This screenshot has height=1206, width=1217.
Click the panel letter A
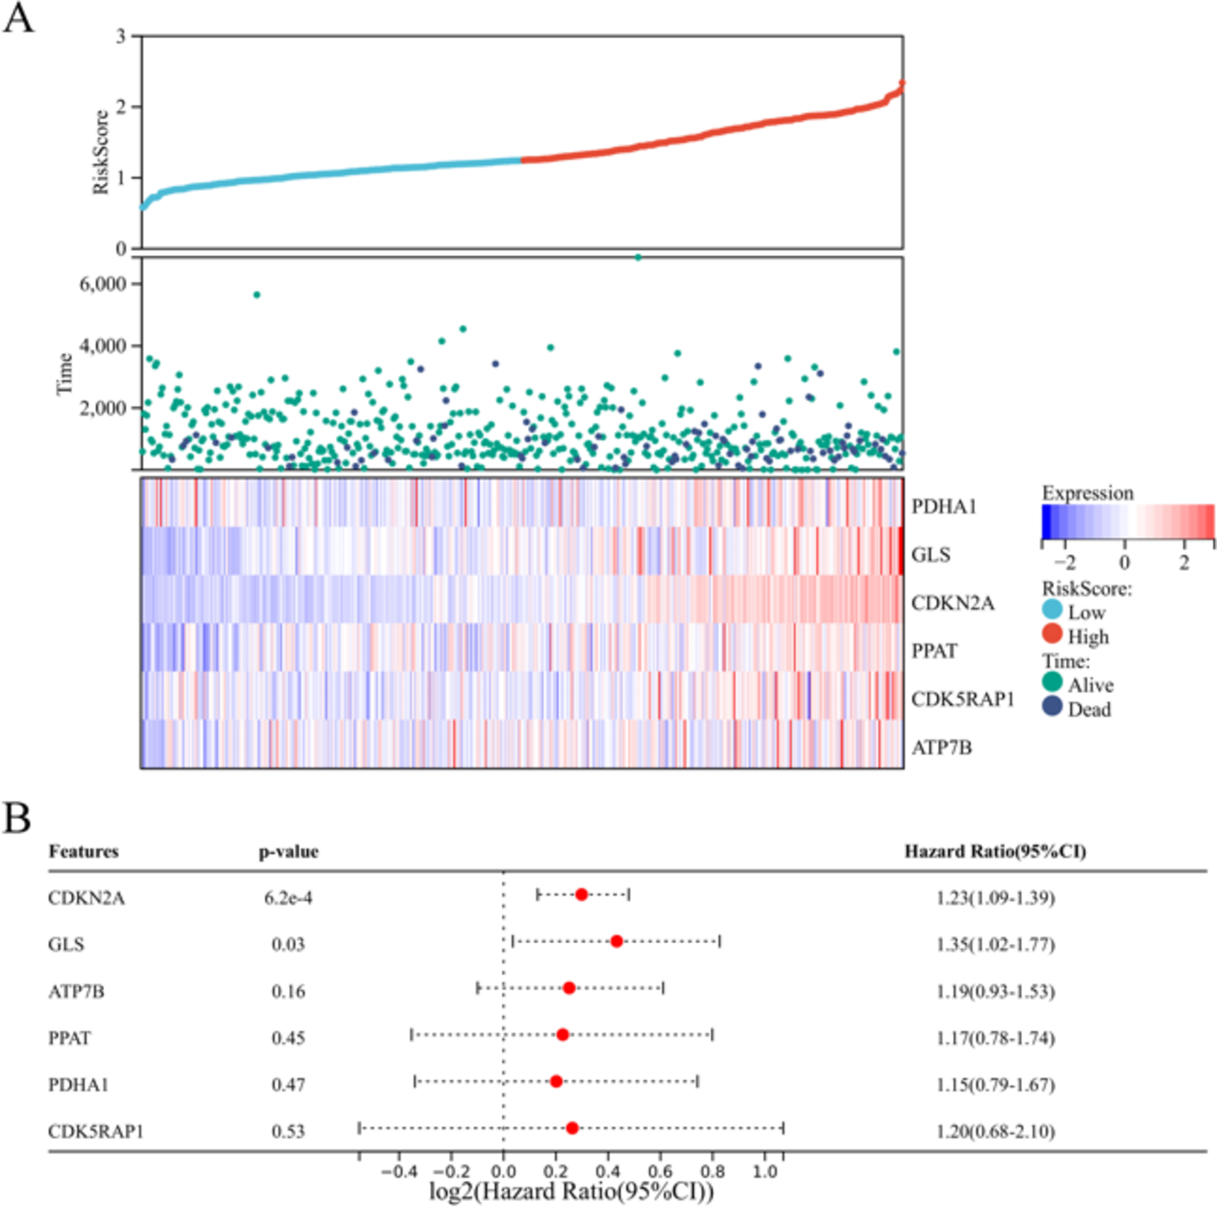[x=19, y=17]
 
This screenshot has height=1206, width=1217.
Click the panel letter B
[x=17, y=818]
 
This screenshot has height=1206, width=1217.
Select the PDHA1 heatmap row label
[x=944, y=507]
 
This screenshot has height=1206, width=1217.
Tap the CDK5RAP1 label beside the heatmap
[x=962, y=699]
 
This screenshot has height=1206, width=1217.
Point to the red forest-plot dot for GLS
[x=616, y=941]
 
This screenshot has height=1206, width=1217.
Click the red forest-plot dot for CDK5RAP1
[x=572, y=1128]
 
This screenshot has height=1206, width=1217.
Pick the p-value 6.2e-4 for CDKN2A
[x=288, y=897]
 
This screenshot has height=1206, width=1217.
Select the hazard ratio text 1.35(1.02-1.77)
[x=995, y=944]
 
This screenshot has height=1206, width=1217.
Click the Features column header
[x=84, y=851]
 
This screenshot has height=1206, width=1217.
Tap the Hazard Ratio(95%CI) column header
[x=995, y=851]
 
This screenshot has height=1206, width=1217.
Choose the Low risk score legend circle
[x=1053, y=609]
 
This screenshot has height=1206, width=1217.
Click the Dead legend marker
[x=1053, y=706]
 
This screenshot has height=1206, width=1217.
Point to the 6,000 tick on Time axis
[x=103, y=283]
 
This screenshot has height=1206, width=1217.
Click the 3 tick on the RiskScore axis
[x=121, y=36]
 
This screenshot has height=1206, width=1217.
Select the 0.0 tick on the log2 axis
[x=504, y=1172]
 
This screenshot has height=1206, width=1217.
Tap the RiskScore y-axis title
[x=101, y=152]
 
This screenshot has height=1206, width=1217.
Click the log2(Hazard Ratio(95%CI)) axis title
[x=571, y=1191]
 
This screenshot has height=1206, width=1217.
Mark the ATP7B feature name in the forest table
[x=76, y=991]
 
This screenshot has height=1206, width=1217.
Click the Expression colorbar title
[x=1087, y=493]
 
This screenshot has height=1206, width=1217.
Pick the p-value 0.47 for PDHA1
[x=288, y=1085]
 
